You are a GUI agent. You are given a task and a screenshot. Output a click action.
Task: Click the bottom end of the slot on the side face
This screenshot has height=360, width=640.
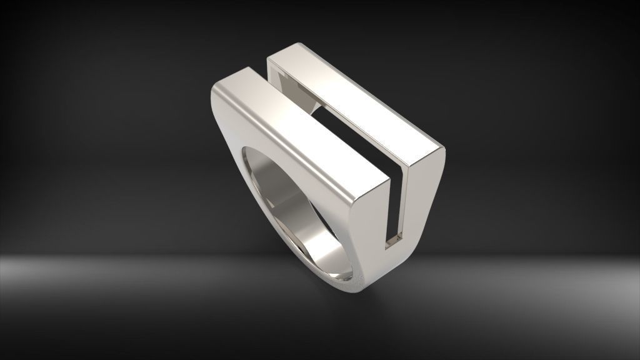[x=395, y=240]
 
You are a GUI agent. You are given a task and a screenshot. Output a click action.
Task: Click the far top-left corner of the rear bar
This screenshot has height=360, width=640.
[x=270, y=59]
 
